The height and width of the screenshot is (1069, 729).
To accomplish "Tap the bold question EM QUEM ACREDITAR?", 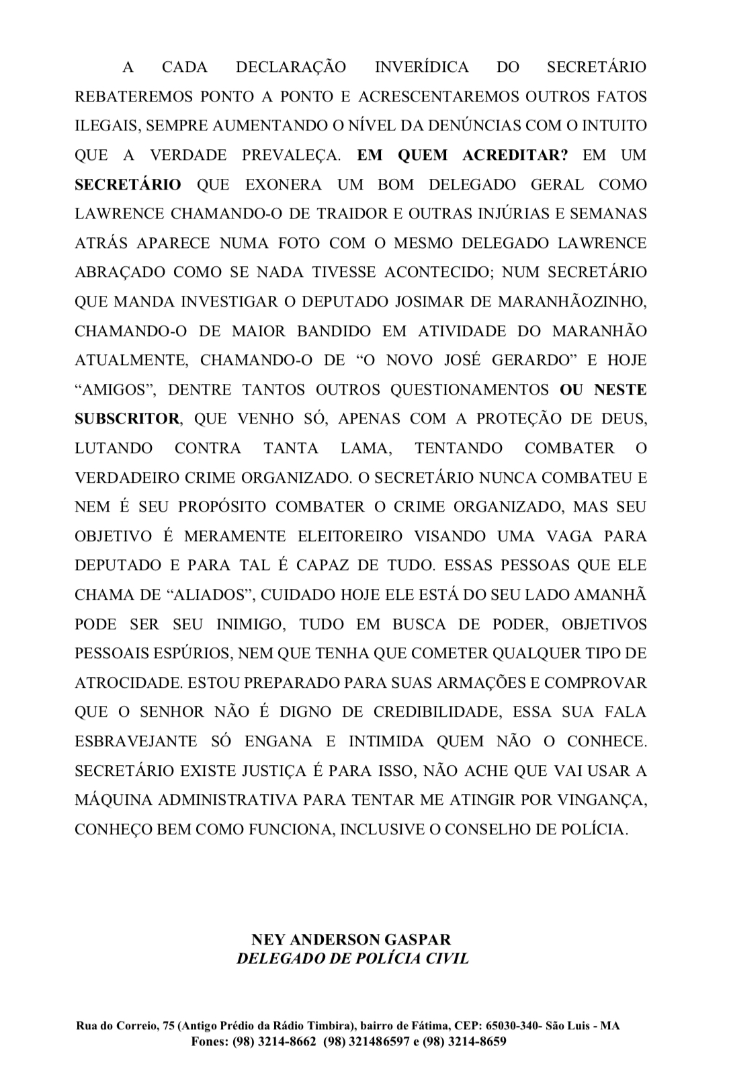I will coord(462,155).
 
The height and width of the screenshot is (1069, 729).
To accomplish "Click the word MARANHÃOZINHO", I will coord(572,302).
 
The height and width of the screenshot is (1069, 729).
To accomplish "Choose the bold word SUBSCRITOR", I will coord(127,419).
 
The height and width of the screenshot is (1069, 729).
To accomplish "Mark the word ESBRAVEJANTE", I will coord(136,742).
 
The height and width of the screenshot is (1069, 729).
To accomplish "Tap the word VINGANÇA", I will coord(605,800).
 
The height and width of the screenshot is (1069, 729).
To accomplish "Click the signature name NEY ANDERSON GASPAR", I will coord(351,939).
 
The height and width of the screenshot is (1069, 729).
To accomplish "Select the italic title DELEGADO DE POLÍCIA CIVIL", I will coord(352,958).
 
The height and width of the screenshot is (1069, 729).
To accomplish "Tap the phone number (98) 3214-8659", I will coord(464,1041).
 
